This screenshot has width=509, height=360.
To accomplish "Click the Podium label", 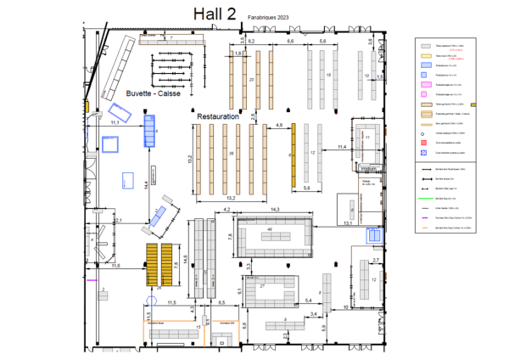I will pos(367,167).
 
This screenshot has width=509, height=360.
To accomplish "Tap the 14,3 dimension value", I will pos(274,209).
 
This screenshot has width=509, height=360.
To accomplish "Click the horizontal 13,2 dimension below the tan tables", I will pos(228,197).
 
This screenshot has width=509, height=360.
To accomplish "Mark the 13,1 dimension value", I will pos(347,222).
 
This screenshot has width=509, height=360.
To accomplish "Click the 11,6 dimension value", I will pos(115,267).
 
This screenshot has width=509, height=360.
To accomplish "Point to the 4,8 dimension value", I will pos(279,126).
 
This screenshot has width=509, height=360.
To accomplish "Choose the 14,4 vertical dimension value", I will pos(146,183).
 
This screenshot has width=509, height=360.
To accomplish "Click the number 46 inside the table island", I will pos(270,230).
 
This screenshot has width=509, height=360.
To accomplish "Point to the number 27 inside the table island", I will pos(263,286).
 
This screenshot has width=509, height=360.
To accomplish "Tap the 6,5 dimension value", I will pos(221,302).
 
